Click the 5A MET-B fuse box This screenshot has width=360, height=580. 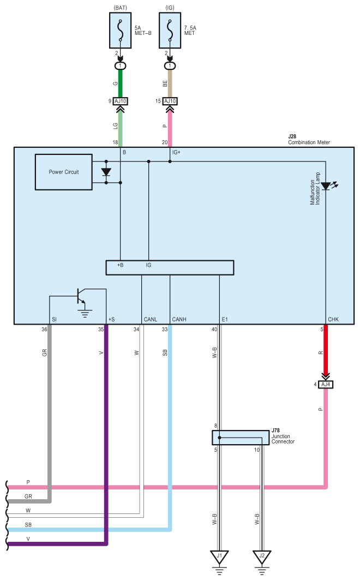click(x=120, y=31)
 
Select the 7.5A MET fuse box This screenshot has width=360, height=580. click(x=170, y=31)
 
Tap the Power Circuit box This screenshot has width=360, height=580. click(x=64, y=172)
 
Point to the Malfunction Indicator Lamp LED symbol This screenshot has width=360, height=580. click(x=326, y=186)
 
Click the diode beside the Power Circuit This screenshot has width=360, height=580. click(x=106, y=172)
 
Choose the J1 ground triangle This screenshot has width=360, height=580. click(x=220, y=557)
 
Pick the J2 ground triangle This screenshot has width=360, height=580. click(x=262, y=557)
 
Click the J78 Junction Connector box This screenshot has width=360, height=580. click(x=241, y=438)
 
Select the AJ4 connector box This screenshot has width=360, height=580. click(x=326, y=384)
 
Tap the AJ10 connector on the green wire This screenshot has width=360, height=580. click(x=121, y=101)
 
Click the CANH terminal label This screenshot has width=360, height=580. click(x=179, y=319)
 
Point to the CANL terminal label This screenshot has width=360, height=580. click(x=151, y=319)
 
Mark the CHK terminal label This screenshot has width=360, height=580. click(x=333, y=319)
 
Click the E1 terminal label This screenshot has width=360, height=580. click(x=225, y=319)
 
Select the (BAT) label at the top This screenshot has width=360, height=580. click(x=121, y=8)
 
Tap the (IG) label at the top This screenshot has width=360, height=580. click(x=170, y=8)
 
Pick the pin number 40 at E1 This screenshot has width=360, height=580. click(x=214, y=329)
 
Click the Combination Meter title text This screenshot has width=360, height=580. click(x=309, y=142)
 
